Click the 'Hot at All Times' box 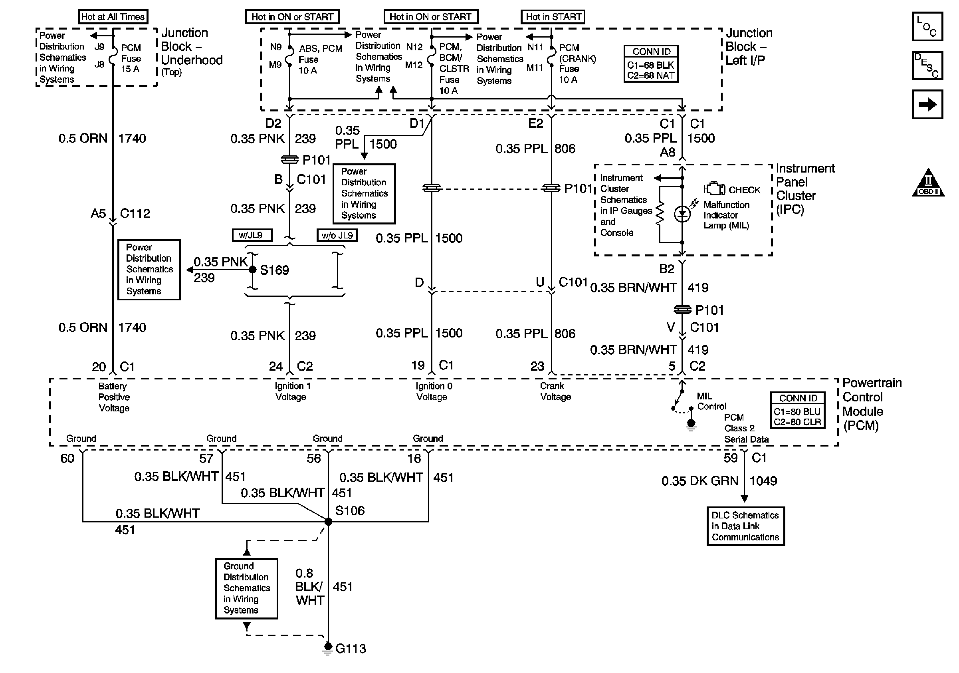click(x=113, y=17)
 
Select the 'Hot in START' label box click(x=553, y=17)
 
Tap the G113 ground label click(x=351, y=649)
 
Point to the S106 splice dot click(x=328, y=521)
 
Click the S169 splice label click(x=274, y=270)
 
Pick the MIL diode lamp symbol click(x=682, y=214)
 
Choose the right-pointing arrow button click(x=927, y=104)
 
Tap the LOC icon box click(x=927, y=26)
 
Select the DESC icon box click(x=927, y=65)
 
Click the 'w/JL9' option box click(x=252, y=235)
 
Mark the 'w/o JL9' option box click(x=337, y=235)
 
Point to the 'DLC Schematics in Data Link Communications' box click(x=745, y=526)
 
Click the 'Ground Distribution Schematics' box click(x=246, y=588)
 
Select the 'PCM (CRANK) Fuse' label click(x=577, y=64)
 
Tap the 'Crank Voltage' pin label click(x=555, y=391)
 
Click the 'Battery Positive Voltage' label click(x=114, y=397)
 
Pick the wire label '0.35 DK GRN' click(x=699, y=481)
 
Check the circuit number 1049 click(x=763, y=481)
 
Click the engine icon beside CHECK click(x=715, y=189)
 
